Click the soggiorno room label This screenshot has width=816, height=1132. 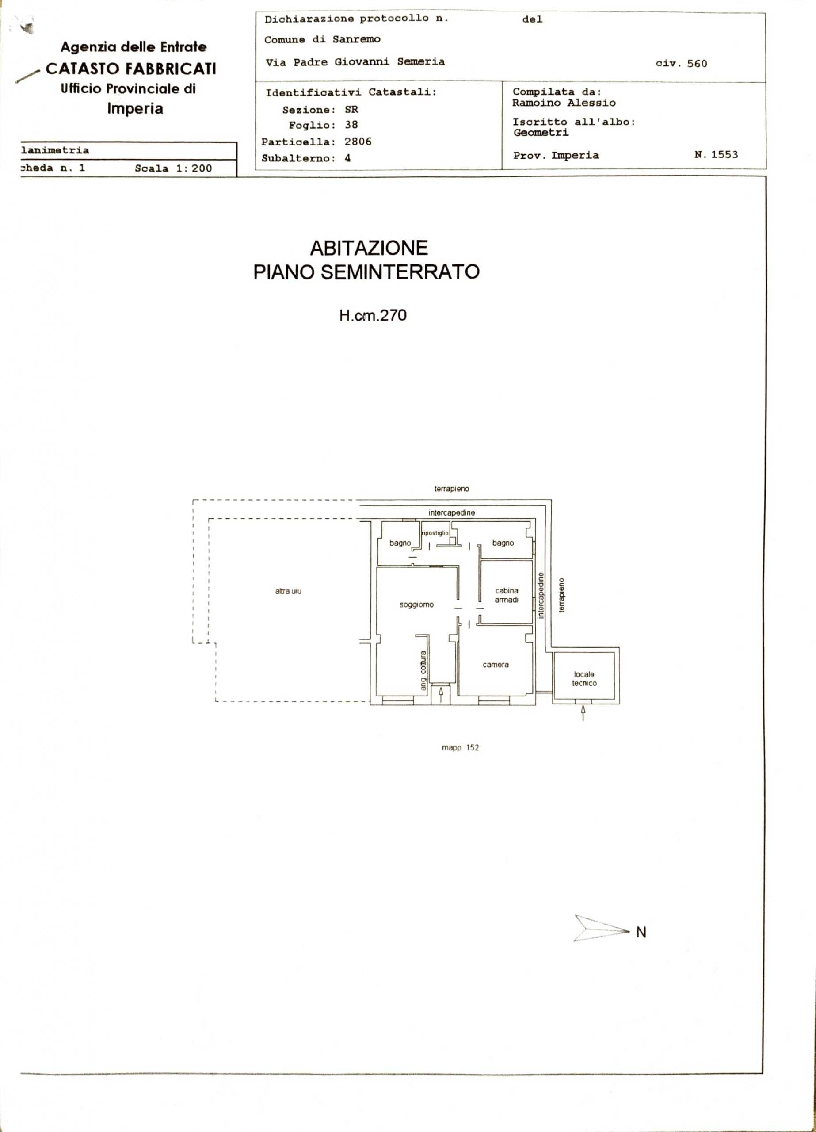click(416, 605)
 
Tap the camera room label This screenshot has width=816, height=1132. click(496, 665)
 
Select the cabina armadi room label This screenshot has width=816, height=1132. click(507, 595)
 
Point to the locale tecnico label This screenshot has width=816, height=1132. click(584, 679)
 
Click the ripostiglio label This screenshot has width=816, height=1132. click(435, 533)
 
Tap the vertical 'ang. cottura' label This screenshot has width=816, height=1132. click(423, 670)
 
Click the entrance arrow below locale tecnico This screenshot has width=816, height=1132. click(583, 713)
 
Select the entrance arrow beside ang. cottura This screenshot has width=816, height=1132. click(441, 695)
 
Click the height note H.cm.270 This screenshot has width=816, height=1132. click(373, 315)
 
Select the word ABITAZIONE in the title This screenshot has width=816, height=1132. click(369, 248)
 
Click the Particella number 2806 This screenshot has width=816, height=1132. click(358, 142)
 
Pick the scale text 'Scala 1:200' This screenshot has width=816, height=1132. click(173, 169)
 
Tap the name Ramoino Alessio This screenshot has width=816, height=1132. click(564, 103)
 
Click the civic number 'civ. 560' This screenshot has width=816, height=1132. click(681, 63)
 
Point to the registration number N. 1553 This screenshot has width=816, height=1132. click(716, 154)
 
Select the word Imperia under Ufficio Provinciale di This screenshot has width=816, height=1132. click(135, 109)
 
